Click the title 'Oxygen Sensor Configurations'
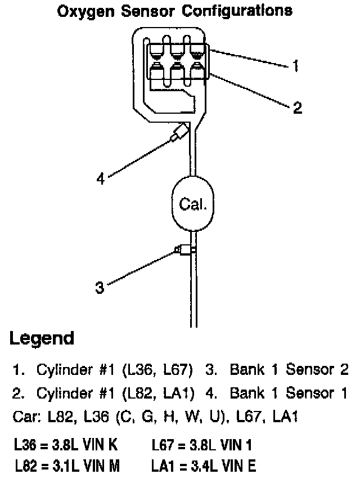click(x=175, y=10)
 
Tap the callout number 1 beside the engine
click(x=294, y=66)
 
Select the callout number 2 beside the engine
click(x=298, y=108)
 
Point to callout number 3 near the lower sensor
click(x=100, y=288)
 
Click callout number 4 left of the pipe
click(x=101, y=179)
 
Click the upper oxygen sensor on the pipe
click(x=179, y=135)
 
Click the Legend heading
click(x=42, y=338)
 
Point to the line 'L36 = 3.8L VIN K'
click(x=65, y=446)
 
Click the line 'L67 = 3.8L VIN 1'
click(x=201, y=446)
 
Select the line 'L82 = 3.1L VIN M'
click(x=66, y=467)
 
